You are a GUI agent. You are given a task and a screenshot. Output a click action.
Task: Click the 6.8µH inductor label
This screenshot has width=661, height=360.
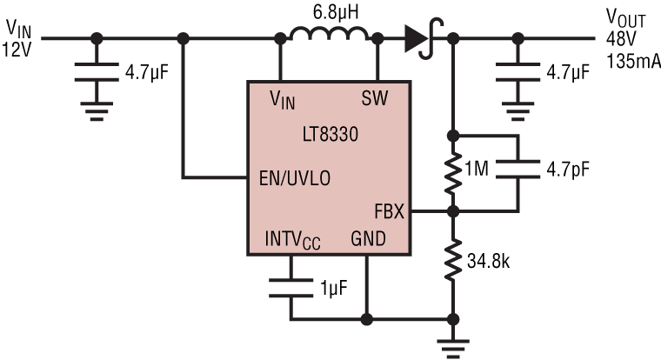[329, 12]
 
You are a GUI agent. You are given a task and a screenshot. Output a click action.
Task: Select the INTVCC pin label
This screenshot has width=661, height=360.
[293, 239]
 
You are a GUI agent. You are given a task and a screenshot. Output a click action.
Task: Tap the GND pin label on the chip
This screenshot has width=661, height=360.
[367, 237]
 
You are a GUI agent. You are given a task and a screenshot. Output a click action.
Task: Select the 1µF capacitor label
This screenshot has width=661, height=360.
[334, 287]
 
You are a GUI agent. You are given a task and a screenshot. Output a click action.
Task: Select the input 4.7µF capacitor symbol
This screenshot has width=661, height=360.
[97, 71]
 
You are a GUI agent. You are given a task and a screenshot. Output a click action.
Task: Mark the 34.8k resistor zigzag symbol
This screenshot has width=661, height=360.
[452, 259]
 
